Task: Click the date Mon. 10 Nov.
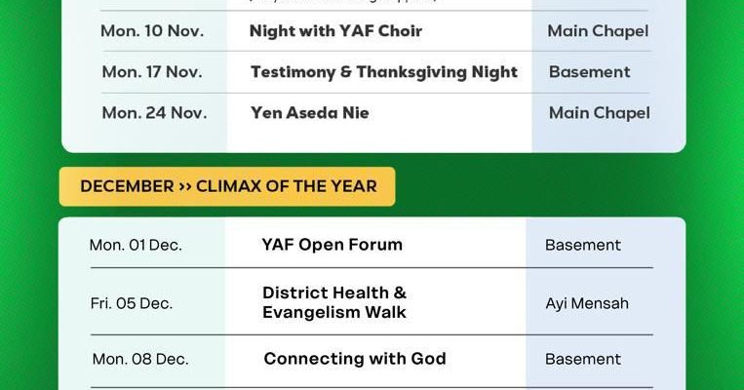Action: click(152, 31)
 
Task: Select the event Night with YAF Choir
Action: click(335, 31)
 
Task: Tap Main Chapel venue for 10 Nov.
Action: click(598, 31)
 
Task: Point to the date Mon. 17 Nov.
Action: click(152, 72)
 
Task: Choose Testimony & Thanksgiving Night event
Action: click(383, 72)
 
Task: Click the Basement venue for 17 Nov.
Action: click(589, 72)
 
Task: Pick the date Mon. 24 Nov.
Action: click(154, 113)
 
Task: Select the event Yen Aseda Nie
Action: click(309, 113)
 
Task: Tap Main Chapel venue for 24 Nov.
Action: click(599, 113)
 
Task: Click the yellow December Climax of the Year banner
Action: click(227, 186)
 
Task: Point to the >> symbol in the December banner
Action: click(184, 186)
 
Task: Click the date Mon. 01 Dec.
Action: click(136, 245)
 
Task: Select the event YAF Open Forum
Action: click(332, 245)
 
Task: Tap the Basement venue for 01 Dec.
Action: click(583, 245)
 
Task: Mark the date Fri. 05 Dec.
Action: click(132, 303)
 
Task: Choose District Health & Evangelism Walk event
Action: click(334, 302)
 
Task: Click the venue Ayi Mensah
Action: click(587, 303)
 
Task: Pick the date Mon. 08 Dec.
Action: click(140, 360)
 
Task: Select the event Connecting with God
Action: click(354, 359)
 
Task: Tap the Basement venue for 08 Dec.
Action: click(583, 360)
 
